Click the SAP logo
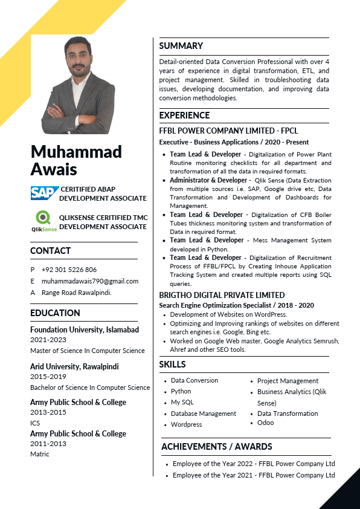(44, 193)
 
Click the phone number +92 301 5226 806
(69, 270)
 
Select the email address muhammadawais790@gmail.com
(90, 281)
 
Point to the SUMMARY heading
(181, 46)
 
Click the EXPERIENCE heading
(184, 115)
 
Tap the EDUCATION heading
(55, 313)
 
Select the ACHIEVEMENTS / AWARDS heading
(216, 447)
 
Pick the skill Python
(181, 392)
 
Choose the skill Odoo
(265, 423)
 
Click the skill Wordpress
(186, 424)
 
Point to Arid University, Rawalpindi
(74, 366)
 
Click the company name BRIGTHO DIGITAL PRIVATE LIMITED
(222, 295)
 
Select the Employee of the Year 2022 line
(253, 464)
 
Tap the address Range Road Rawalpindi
(76, 293)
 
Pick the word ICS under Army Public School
(35, 423)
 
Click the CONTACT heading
(50, 251)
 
